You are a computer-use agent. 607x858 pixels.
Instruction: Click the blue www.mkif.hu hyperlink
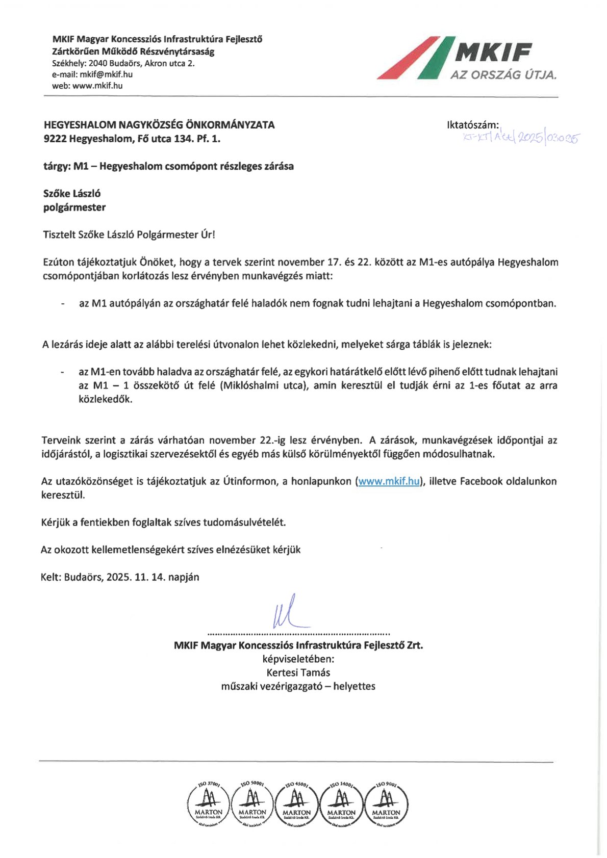[389, 481]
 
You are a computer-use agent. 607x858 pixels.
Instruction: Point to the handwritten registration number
[521, 137]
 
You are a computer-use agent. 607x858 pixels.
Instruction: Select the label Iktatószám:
[472, 125]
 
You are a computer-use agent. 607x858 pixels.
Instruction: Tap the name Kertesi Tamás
[298, 672]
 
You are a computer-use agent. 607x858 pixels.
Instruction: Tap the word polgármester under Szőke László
[74, 207]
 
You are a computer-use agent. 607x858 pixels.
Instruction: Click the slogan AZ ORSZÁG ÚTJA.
[503, 75]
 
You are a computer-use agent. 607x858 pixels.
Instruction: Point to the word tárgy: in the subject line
[56, 166]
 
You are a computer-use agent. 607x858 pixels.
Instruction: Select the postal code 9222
[55, 139]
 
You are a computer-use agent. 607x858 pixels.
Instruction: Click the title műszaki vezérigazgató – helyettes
[298, 686]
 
